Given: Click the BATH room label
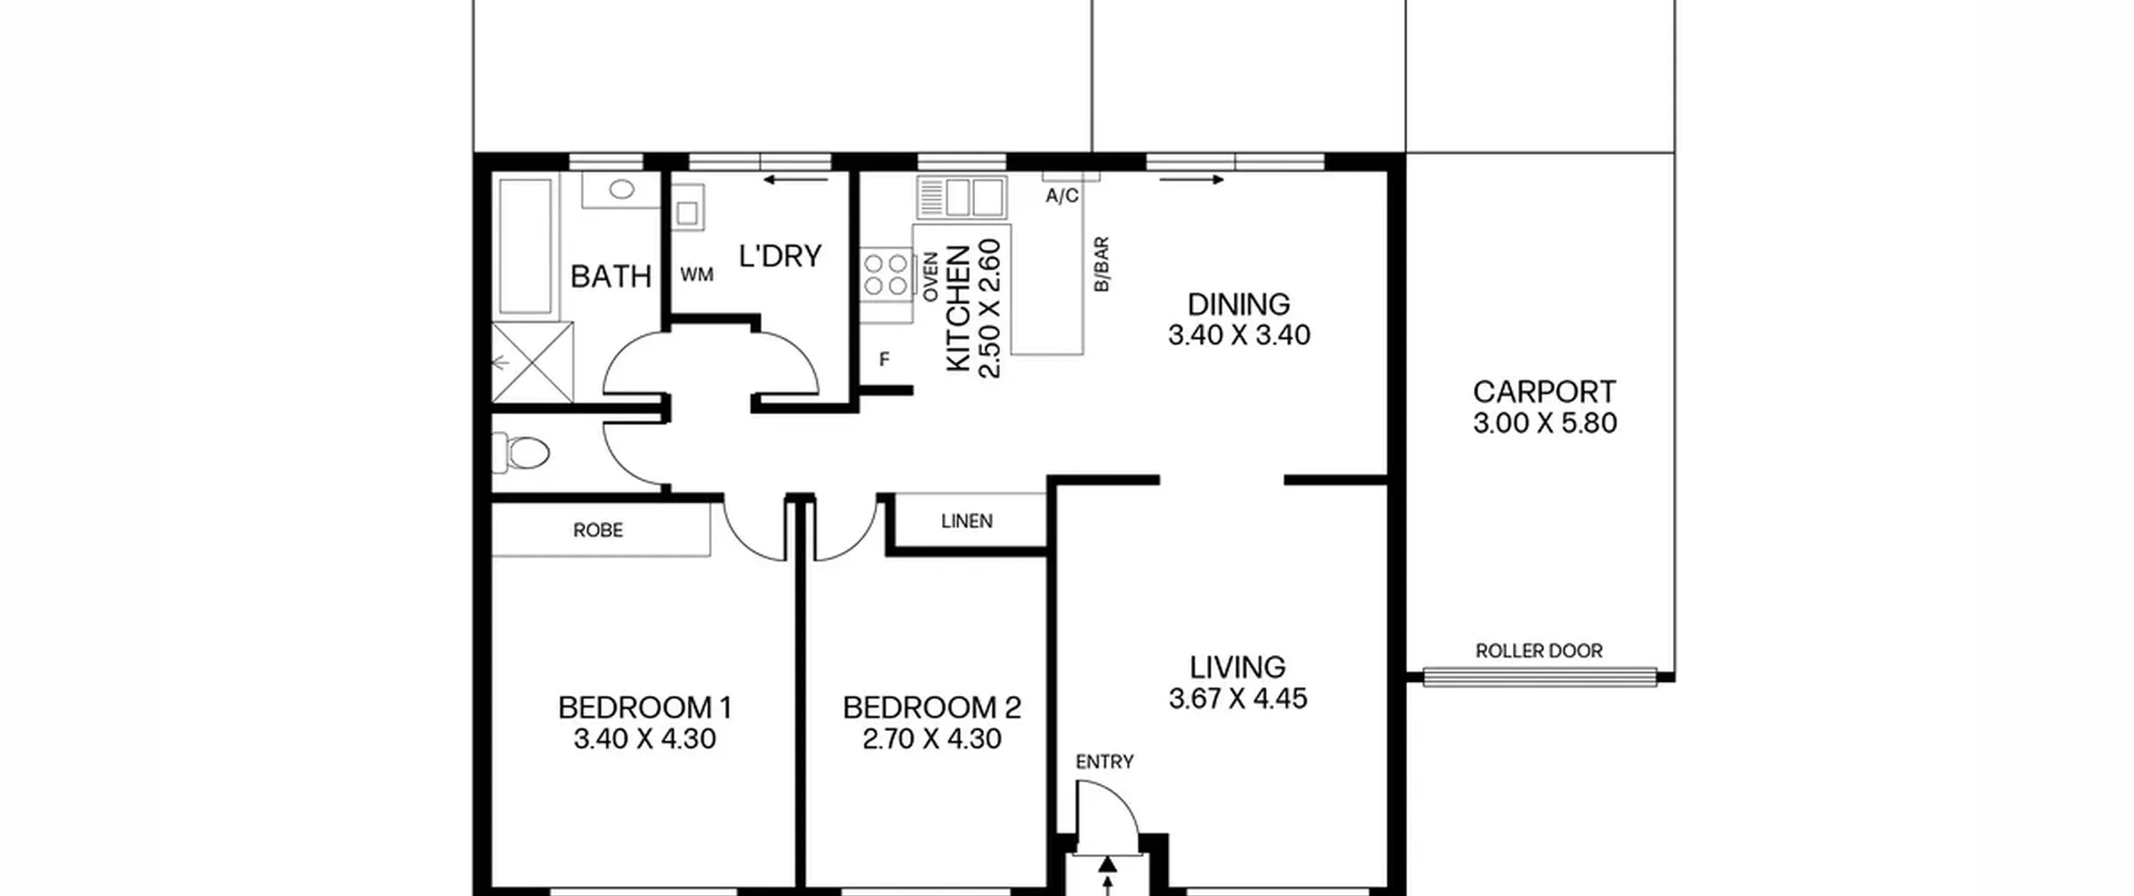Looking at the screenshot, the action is (610, 276).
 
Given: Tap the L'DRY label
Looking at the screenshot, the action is (780, 256).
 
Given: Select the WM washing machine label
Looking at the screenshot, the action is (697, 274).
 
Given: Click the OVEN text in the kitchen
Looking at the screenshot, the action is (930, 276).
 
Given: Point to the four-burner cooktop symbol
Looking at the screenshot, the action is (885, 275).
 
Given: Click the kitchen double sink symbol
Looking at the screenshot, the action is (961, 197).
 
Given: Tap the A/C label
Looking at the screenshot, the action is (1062, 196).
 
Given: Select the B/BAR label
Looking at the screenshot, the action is (1101, 264).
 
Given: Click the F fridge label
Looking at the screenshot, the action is (884, 359).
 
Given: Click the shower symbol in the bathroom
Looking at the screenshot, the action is (532, 362).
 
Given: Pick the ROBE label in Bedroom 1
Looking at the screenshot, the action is (598, 530).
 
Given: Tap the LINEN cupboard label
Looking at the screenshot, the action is (967, 521).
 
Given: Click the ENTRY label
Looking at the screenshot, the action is (1105, 762).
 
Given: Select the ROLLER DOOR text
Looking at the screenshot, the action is (1539, 651).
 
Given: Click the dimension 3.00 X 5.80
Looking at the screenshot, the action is (1545, 423).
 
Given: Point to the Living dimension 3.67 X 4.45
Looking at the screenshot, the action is (1238, 698).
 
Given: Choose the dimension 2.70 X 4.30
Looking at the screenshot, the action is (932, 739).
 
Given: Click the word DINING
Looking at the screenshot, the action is (1239, 304).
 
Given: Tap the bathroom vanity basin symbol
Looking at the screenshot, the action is (622, 191).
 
